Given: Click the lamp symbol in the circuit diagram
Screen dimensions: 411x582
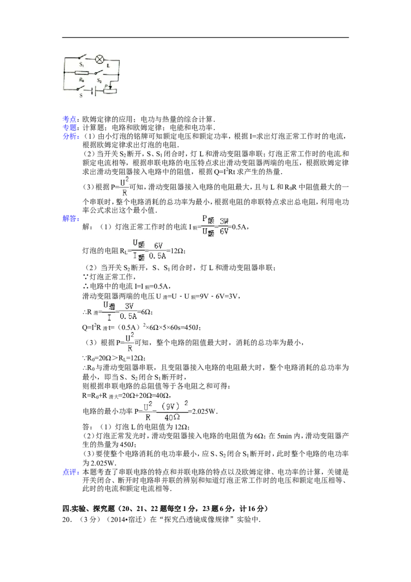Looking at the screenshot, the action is click(99, 60).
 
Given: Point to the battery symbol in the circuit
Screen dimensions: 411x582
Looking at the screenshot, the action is click(94, 91).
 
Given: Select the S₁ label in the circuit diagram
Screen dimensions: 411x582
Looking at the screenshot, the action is click(81, 64).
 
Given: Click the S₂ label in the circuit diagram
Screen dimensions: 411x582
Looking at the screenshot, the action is click(99, 80).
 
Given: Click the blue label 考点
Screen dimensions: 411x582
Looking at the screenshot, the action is click(69, 119).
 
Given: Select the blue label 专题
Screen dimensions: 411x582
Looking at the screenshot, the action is click(69, 128).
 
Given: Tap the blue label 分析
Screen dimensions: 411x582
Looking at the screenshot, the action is click(69, 136).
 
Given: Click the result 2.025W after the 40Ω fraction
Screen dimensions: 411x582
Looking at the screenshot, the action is click(203, 411).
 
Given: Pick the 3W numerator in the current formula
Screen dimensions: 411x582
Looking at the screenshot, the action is click(224, 221).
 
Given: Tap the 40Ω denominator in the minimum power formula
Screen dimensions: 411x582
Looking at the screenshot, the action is click(172, 417).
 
